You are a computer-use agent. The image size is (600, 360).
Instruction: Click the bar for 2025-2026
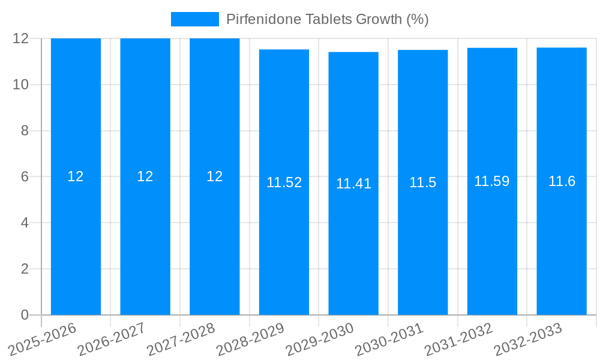[76, 240]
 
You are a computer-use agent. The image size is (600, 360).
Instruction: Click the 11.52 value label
[284, 183]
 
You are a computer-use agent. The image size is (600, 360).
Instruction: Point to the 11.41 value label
[353, 184]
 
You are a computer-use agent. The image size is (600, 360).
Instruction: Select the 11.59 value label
[492, 181]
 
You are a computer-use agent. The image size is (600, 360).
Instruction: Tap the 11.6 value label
[562, 181]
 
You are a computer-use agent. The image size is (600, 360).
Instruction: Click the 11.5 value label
[423, 183]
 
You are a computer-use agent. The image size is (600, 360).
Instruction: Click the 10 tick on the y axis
[21, 85]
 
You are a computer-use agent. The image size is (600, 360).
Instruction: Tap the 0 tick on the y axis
[25, 315]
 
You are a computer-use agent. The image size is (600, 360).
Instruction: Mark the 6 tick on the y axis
[25, 177]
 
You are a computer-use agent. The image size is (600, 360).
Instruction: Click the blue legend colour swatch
[195, 19]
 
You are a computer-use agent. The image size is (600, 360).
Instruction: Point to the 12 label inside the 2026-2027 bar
[145, 176]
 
